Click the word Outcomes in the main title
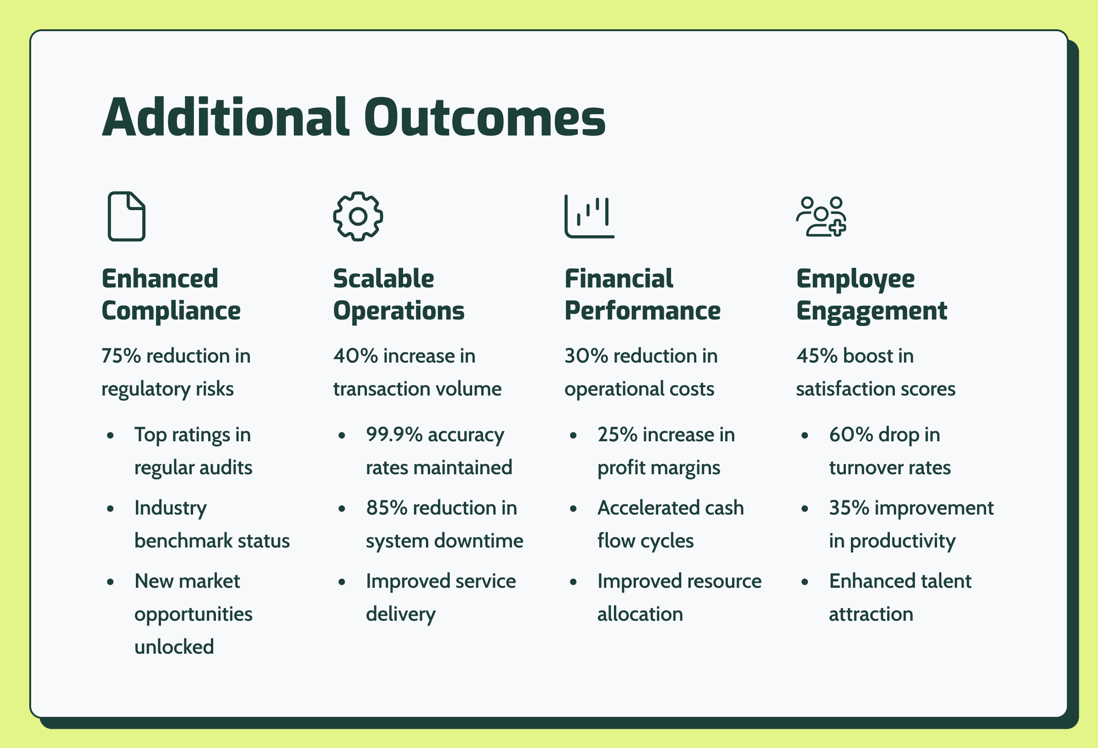pyautogui.click(x=485, y=117)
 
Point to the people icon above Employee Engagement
pyautogui.click(x=821, y=217)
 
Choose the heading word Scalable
pyautogui.click(x=384, y=278)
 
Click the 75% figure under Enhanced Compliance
pyautogui.click(x=121, y=356)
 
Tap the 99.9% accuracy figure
pyautogui.click(x=394, y=434)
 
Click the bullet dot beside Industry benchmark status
pyautogui.click(x=111, y=509)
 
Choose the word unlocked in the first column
pyautogui.click(x=174, y=646)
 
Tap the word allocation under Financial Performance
pyautogui.click(x=640, y=614)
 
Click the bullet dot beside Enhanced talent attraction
pyautogui.click(x=805, y=582)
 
